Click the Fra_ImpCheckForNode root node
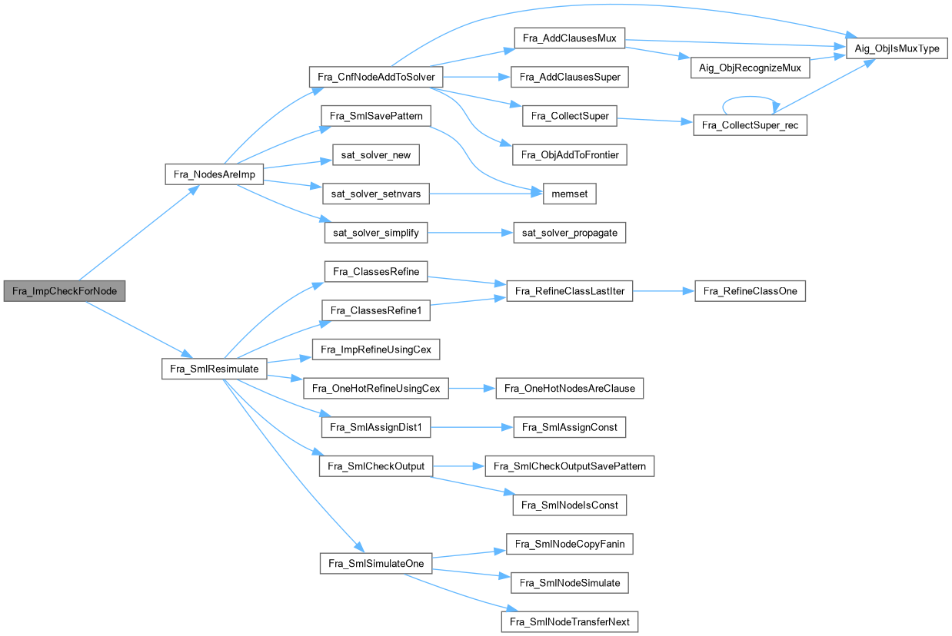pyautogui.click(x=65, y=292)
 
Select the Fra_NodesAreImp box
pyautogui.click(x=215, y=174)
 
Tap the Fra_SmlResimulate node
pyautogui.click(x=215, y=369)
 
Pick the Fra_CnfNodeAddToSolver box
pyautogui.click(x=375, y=77)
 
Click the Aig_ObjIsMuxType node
pyautogui.click(x=897, y=48)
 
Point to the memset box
pyautogui.click(x=570, y=194)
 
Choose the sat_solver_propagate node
pyautogui.click(x=570, y=233)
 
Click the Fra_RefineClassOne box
pyautogui.click(x=750, y=291)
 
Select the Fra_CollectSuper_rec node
pyautogui.click(x=750, y=125)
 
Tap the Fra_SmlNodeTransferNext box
pyautogui.click(x=570, y=621)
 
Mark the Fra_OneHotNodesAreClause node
pyautogui.click(x=570, y=388)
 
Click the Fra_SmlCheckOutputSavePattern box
pyautogui.click(x=570, y=466)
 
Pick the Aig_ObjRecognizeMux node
pyautogui.click(x=750, y=68)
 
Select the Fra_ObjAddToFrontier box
pyautogui.click(x=570, y=155)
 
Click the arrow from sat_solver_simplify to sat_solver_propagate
pyautogui.click(x=470, y=233)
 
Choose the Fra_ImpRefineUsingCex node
pyautogui.click(x=376, y=350)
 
